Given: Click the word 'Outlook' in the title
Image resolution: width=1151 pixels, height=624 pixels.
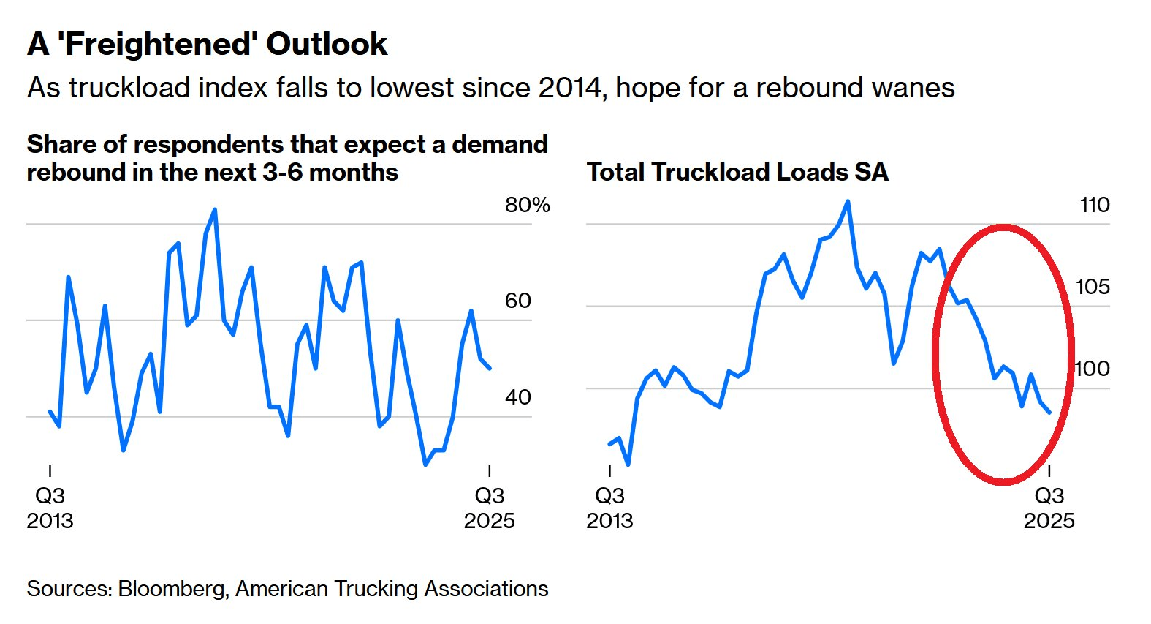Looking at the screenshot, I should [x=327, y=45].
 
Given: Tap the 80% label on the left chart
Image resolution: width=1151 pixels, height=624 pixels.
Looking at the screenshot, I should [x=527, y=205].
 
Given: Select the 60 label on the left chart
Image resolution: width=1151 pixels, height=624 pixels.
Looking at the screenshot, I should [x=517, y=301].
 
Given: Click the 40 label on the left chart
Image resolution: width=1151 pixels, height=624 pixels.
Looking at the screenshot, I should [x=517, y=397].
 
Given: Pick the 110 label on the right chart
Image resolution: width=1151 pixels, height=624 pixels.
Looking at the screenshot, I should [x=1094, y=205].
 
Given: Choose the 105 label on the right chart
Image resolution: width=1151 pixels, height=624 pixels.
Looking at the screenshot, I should [x=1093, y=287].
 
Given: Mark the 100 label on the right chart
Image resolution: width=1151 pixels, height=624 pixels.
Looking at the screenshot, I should [x=1093, y=369].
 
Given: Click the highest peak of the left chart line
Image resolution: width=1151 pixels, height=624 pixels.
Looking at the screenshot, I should [x=215, y=210].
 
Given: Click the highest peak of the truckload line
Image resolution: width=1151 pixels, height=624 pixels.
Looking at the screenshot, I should [x=848, y=201].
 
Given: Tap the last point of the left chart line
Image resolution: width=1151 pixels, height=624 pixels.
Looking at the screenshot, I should [x=490, y=368].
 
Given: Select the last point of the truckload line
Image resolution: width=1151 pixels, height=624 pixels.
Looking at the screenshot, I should [x=1049, y=413].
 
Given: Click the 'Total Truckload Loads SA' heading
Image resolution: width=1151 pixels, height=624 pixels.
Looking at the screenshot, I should [x=737, y=172].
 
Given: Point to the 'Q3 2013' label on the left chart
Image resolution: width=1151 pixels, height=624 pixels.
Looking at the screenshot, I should [x=50, y=508].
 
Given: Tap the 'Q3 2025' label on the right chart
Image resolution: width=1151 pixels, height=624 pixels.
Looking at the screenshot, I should [x=1049, y=508].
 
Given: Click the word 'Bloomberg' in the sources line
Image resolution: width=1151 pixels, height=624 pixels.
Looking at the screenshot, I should [x=172, y=589].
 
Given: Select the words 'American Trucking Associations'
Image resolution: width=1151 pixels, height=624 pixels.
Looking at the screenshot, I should [x=392, y=589].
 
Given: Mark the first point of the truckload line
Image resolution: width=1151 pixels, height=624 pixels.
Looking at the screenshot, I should [x=610, y=444].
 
